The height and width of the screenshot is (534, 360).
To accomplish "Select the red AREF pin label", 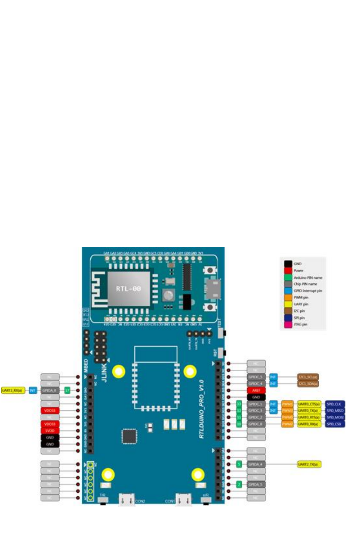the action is [256, 390].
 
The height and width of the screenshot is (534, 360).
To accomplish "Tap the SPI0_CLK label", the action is [335, 404].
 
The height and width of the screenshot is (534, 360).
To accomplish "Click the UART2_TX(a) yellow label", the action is [310, 464].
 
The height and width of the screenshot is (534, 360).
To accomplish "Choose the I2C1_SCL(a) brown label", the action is [307, 377].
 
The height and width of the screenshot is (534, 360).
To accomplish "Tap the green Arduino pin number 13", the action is [239, 404].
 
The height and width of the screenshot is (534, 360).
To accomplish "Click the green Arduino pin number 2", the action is [239, 485].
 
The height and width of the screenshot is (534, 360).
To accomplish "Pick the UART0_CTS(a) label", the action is [310, 404].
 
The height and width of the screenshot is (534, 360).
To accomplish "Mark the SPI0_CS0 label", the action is [335, 424].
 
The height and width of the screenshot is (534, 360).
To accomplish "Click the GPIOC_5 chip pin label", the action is [256, 377].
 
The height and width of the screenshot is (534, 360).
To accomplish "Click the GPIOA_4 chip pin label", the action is [256, 464].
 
